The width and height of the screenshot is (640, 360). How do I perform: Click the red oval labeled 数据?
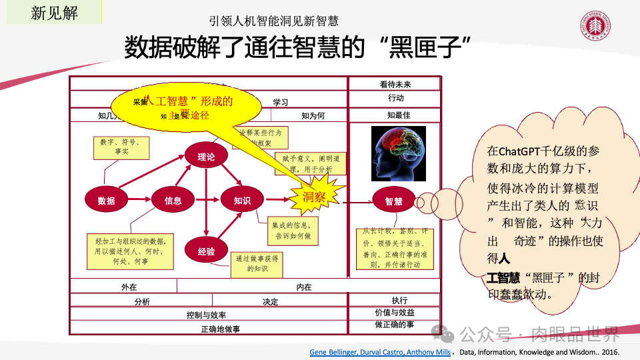pos(107,200)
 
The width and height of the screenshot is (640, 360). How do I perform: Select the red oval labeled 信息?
pos(173,200)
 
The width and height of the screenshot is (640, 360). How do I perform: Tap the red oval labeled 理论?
pos(206,157)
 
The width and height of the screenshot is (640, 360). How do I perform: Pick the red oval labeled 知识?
pos(242,200)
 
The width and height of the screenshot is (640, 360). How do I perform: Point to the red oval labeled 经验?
pos(206,251)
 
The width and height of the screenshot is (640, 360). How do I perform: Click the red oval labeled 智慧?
pos(393,200)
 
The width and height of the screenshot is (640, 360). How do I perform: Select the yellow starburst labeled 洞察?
pos(314,197)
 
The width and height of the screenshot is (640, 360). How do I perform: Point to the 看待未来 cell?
pos(395,84)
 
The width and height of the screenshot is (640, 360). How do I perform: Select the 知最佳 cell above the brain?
pos(395,115)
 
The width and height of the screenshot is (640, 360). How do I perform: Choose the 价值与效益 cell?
pos(395,312)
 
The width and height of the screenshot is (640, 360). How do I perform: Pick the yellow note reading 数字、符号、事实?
pos(121,147)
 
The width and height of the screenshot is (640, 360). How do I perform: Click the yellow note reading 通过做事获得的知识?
pos(257,263)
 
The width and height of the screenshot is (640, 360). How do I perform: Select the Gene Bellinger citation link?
pos(380,352)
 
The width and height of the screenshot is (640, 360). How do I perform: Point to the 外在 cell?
pos(124,287)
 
